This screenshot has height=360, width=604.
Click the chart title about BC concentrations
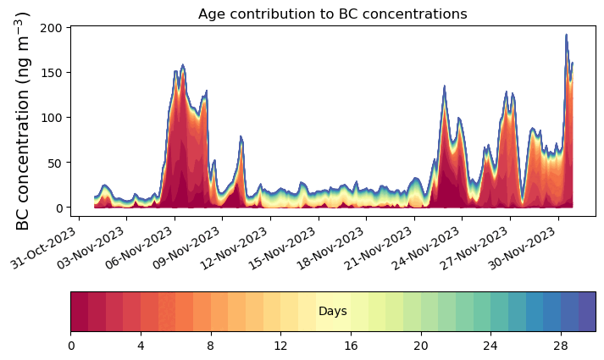pos(332,14)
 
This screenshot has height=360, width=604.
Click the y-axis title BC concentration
pos(23,120)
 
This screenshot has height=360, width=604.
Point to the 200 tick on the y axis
pos(53,27)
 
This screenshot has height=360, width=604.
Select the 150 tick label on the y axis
pos(53,72)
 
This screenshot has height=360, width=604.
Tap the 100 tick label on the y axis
pos(53,117)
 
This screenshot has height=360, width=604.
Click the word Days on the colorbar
pos(332,312)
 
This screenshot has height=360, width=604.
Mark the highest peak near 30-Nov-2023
pos(566,36)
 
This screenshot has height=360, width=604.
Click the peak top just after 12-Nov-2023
pos(241,136)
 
